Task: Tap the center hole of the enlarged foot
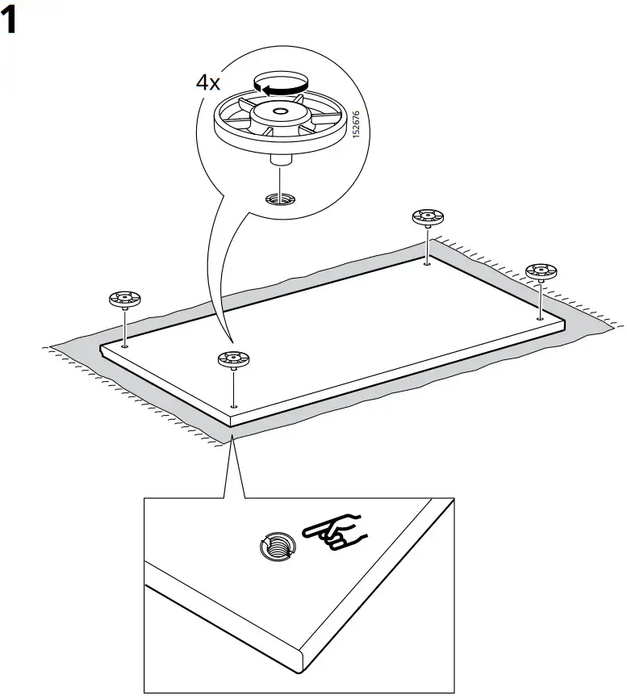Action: click(278, 111)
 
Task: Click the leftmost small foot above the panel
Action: click(125, 300)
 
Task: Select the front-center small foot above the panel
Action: click(232, 360)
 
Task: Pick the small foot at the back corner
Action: click(427, 217)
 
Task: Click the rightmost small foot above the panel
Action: click(541, 271)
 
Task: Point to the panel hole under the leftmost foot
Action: click(125, 345)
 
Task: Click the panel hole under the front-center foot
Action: click(232, 406)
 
